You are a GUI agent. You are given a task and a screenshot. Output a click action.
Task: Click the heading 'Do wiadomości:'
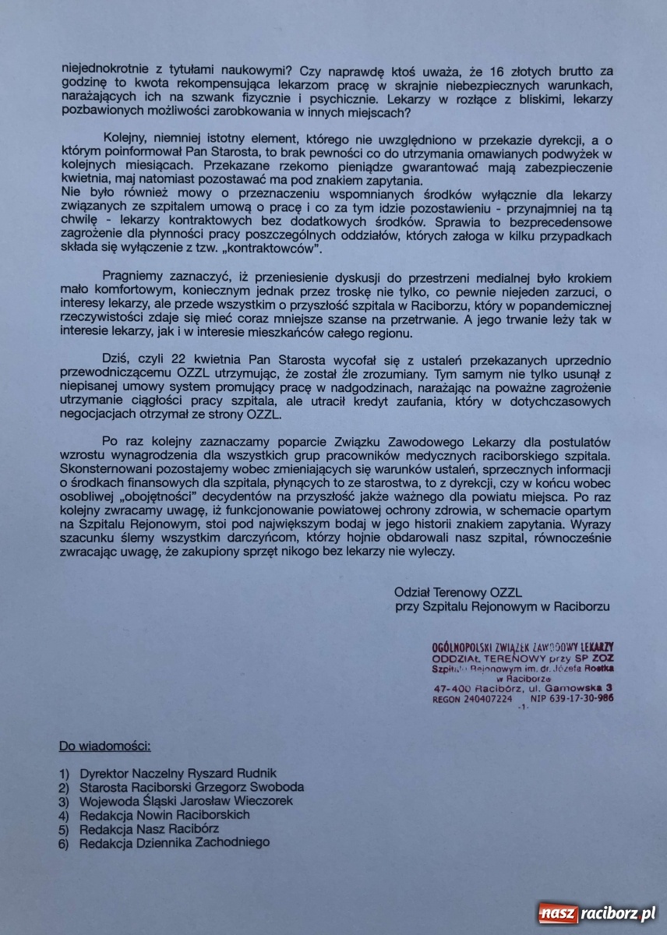pyautogui.click(x=104, y=746)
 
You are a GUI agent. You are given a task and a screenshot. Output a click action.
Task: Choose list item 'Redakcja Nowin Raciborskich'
pyautogui.click(x=164, y=815)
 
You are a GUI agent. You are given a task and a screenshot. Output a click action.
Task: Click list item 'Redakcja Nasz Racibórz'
pyautogui.click(x=149, y=828)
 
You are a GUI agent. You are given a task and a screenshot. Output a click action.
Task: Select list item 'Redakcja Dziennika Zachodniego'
pyautogui.click(x=175, y=842)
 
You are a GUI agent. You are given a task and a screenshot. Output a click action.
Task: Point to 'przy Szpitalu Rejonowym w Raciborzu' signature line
pyautogui.click(x=502, y=605)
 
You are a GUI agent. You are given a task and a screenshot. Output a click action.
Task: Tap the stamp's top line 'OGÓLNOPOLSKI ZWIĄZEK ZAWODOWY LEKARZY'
pyautogui.click(x=522, y=647)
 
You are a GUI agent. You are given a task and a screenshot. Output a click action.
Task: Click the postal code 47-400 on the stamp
pyautogui.click(x=453, y=688)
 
